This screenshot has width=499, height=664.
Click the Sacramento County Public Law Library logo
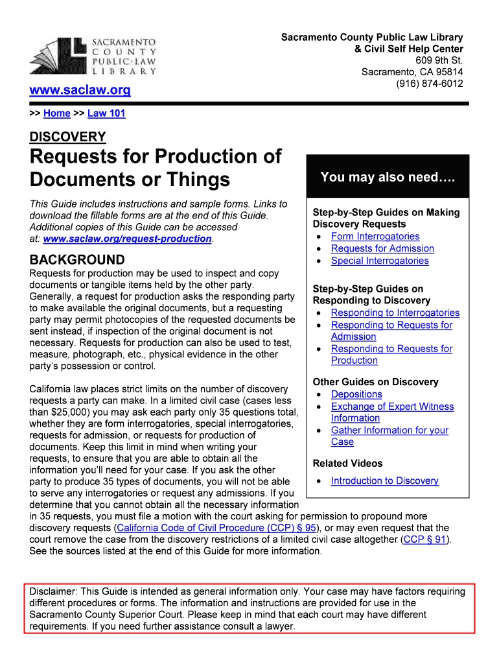pyautogui.click(x=93, y=56)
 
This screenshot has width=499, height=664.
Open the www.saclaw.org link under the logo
pyautogui.click(x=80, y=91)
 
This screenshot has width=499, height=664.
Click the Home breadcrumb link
pyautogui.click(x=56, y=113)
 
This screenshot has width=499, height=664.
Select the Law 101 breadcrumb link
pyautogui.click(x=106, y=113)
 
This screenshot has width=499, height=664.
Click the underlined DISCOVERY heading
pyautogui.click(x=67, y=137)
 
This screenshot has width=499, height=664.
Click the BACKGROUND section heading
pyautogui.click(x=77, y=260)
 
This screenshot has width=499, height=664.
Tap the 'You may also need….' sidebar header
pyautogui.click(x=388, y=177)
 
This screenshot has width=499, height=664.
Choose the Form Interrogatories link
pyautogui.click(x=375, y=237)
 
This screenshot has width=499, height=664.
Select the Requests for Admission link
pyautogui.click(x=382, y=248)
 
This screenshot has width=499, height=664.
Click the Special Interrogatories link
pyautogui.click(x=380, y=261)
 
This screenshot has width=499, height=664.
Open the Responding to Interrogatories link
pyautogui.click(x=395, y=313)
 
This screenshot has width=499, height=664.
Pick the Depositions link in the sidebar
pyautogui.click(x=356, y=394)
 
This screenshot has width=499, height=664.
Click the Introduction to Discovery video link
pyautogui.click(x=384, y=480)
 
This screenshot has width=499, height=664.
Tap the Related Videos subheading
pyautogui.click(x=347, y=464)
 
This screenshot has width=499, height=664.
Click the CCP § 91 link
pyautogui.click(x=424, y=539)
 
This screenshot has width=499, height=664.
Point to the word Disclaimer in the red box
pyautogui.click(x=52, y=591)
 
